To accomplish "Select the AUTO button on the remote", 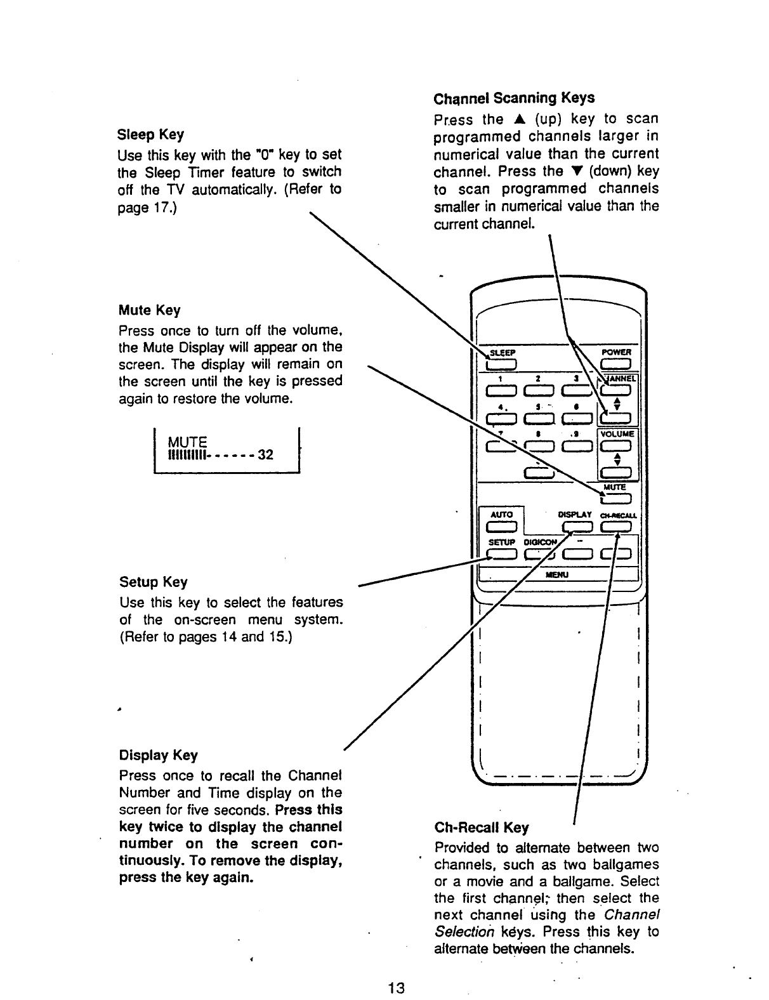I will point(501,525).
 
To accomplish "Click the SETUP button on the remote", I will point(501,554).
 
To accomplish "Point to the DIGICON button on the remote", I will point(538,554).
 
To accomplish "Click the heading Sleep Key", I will point(151,135).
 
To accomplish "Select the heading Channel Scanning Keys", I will point(514,98).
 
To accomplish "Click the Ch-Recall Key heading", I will point(481,827).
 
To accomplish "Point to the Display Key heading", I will point(158,755).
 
